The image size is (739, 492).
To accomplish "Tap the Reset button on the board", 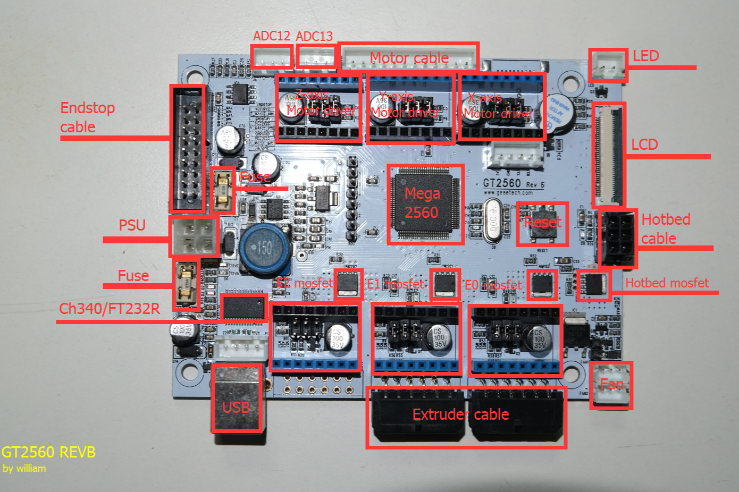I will click(542, 223).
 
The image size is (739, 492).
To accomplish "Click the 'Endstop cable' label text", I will click(87, 117).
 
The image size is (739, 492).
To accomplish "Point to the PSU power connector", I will click(195, 236).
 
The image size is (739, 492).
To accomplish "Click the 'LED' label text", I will click(645, 56).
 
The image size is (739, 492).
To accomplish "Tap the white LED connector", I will click(608, 65).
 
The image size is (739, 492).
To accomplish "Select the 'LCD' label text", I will click(644, 145).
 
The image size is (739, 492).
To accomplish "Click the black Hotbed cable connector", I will click(618, 239).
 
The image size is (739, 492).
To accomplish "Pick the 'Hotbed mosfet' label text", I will click(667, 283).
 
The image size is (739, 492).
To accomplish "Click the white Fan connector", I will click(611, 386).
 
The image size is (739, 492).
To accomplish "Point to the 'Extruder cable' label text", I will click(460, 414).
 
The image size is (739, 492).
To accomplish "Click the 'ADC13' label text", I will click(314, 36).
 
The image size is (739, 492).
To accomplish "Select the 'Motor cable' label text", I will click(409, 58).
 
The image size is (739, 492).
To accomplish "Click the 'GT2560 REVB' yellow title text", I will click(48, 452).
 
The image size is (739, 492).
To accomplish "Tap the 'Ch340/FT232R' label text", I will click(109, 309).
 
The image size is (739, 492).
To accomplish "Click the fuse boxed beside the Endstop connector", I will click(223, 190).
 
